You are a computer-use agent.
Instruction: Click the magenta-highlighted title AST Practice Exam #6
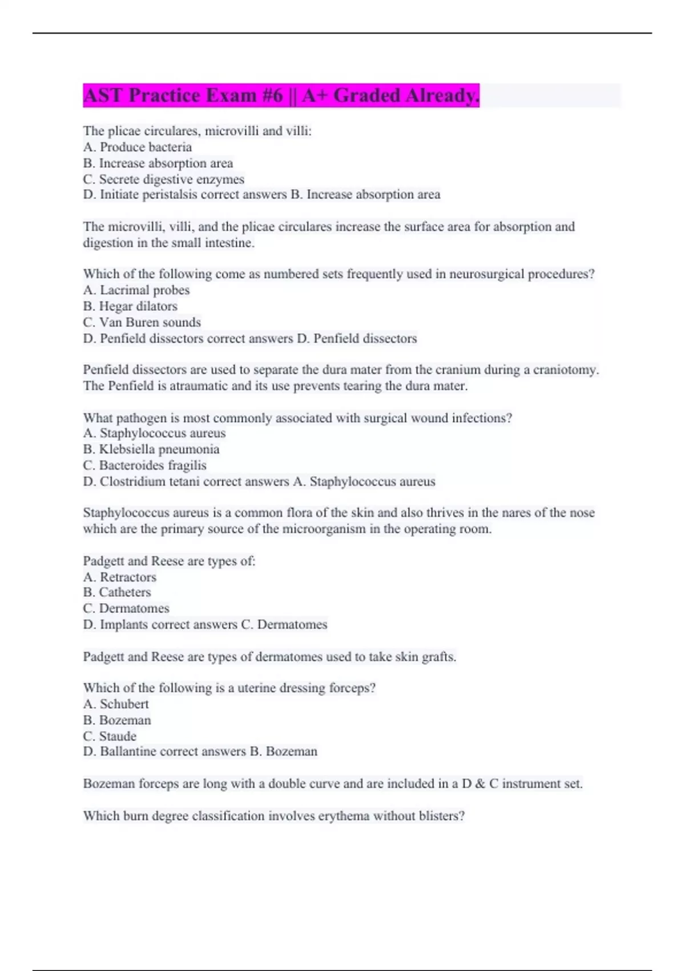tap(281, 95)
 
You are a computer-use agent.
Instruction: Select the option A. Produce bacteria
tap(138, 147)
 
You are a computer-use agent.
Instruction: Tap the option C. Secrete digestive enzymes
tap(164, 179)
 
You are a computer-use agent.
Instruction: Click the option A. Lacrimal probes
tap(136, 290)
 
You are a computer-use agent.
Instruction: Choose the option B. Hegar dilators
tap(130, 306)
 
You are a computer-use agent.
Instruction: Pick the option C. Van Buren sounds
tap(142, 322)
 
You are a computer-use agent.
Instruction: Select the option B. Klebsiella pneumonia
tap(151, 450)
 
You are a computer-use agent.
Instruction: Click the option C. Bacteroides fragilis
tap(145, 466)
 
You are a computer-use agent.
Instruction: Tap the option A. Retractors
tap(120, 577)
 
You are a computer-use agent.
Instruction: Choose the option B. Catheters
tap(117, 592)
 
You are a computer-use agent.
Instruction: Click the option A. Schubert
tap(116, 704)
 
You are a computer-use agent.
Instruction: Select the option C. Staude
tap(110, 736)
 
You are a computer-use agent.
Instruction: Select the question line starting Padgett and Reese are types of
tap(169, 561)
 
